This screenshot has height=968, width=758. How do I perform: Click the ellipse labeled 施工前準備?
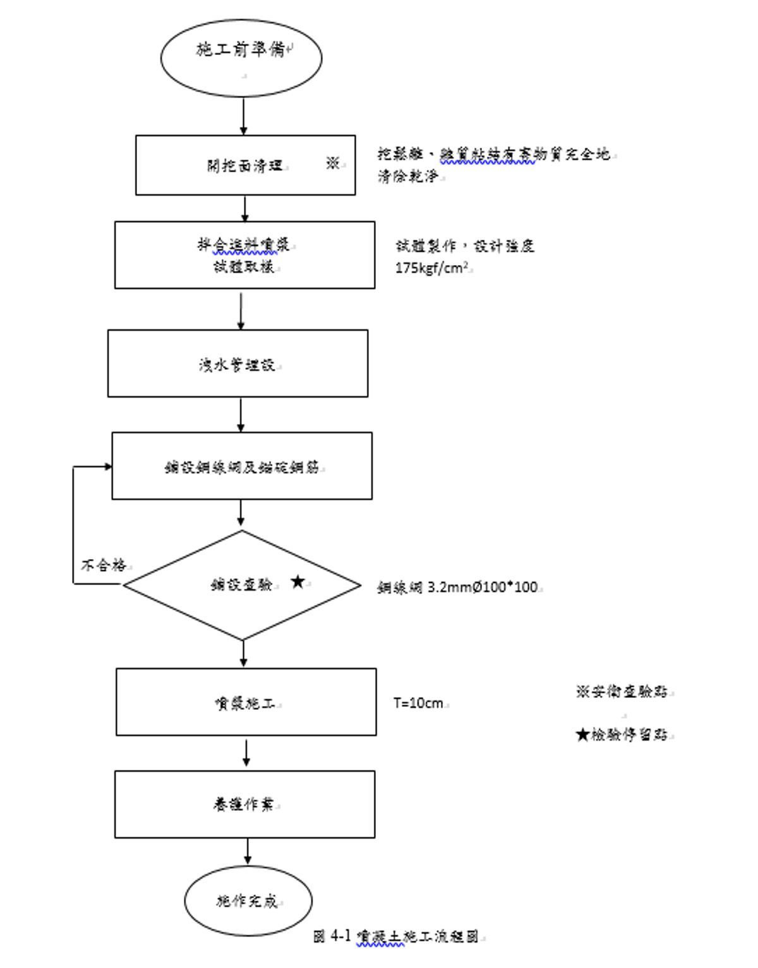pyautogui.click(x=241, y=57)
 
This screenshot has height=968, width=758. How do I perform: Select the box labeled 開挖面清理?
pyautogui.click(x=245, y=165)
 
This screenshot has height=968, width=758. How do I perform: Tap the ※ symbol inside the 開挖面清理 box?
pyautogui.click(x=333, y=164)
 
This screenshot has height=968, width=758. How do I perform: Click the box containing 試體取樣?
pyautogui.click(x=244, y=255)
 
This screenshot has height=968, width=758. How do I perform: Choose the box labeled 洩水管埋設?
pyautogui.click(x=238, y=363)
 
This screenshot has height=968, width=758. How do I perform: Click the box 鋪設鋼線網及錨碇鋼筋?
pyautogui.click(x=242, y=466)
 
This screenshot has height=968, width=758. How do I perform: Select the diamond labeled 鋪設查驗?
pyautogui.click(x=242, y=586)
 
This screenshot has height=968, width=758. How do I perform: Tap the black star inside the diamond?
pyautogui.click(x=298, y=582)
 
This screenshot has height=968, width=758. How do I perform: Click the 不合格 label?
pyautogui.click(x=104, y=565)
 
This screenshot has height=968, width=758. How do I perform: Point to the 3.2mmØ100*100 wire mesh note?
pyautogui.click(x=459, y=587)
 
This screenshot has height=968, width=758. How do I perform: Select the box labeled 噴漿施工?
pyautogui.click(x=246, y=702)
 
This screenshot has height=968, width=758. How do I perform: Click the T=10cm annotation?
pyautogui.click(x=419, y=703)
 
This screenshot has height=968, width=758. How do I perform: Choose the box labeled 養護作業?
pyautogui.click(x=244, y=805)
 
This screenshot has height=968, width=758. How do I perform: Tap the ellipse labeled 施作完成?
pyautogui.click(x=248, y=901)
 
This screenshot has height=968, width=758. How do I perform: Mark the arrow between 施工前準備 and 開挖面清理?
pyautogui.click(x=244, y=116)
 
